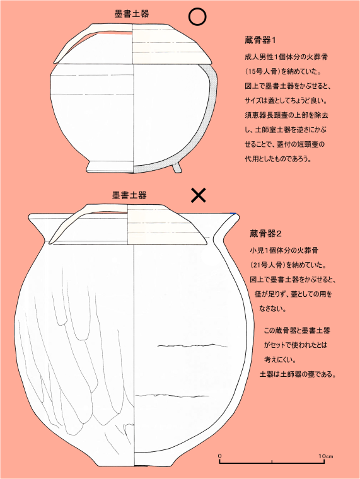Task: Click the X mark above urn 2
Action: (199, 195)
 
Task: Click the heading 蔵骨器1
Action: (260, 40)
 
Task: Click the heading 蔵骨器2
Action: (265, 234)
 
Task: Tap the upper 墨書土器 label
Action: (132, 14)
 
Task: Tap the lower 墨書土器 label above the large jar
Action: (129, 195)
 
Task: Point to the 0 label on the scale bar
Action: (220, 456)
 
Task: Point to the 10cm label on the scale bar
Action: (326, 456)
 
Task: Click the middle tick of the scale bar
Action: (272, 461)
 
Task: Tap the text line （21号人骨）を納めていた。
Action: (288, 265)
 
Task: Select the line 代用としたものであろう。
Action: (278, 159)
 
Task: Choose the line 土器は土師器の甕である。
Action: (298, 374)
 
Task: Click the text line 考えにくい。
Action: (280, 359)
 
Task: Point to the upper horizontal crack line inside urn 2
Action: (193, 346)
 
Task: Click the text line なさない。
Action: (272, 309)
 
